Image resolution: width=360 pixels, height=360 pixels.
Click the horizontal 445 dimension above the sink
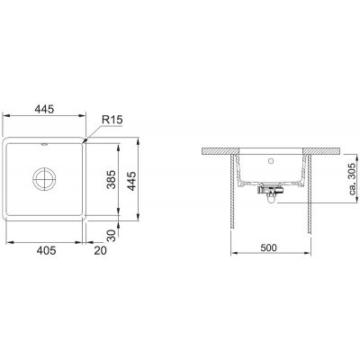click(x=44, y=109)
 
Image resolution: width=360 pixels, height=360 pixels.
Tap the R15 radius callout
click(x=112, y=120)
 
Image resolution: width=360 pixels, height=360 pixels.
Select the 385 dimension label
click(x=112, y=179)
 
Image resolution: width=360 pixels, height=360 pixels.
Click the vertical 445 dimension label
click(x=131, y=181)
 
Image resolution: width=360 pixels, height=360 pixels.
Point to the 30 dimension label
click(x=111, y=236)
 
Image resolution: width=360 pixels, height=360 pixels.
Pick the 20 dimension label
click(x=100, y=250)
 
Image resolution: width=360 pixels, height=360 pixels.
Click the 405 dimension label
click(x=46, y=250)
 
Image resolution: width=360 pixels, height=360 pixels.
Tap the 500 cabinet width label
click(x=268, y=247)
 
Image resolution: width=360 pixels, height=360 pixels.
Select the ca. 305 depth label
click(x=354, y=178)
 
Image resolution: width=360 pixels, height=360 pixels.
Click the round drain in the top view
click(x=44, y=179)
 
